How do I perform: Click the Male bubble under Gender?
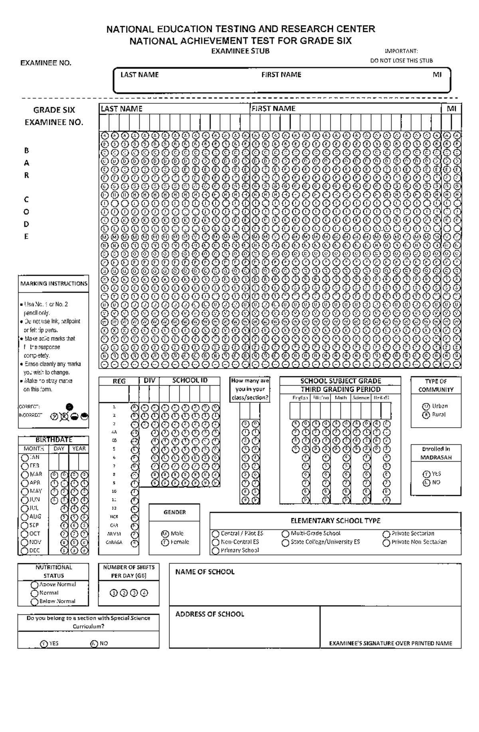(x=165, y=534)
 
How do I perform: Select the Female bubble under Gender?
(x=165, y=543)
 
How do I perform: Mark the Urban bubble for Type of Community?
(x=426, y=406)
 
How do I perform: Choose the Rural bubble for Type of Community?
(x=426, y=415)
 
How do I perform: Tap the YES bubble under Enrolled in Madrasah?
(x=426, y=474)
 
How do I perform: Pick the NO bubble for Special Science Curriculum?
(x=94, y=643)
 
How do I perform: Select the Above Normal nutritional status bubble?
(x=34, y=585)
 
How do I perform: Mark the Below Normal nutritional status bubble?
(x=34, y=602)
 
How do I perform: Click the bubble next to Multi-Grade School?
(x=285, y=534)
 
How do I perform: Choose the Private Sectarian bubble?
(x=386, y=534)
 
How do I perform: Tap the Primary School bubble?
(x=216, y=551)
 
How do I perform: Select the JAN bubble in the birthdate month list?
(x=25, y=458)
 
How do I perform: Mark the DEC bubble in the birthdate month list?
(x=25, y=551)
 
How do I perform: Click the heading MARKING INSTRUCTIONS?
(x=54, y=284)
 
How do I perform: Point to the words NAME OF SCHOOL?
(x=205, y=572)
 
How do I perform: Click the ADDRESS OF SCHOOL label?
(x=210, y=614)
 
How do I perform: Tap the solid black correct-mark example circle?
(x=69, y=407)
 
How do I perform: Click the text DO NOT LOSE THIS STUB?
(x=401, y=61)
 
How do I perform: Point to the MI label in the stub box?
(x=437, y=75)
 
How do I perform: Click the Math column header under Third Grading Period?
(x=341, y=398)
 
